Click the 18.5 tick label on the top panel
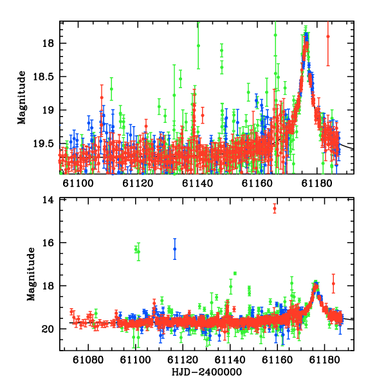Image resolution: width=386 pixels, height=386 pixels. click(x=43, y=77)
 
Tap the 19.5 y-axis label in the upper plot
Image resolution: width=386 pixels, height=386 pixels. click(x=43, y=143)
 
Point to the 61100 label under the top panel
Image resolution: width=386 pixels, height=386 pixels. click(x=78, y=183)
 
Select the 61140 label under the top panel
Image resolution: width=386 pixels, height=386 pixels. click(x=198, y=183)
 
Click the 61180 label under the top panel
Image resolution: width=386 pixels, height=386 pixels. click(x=317, y=183)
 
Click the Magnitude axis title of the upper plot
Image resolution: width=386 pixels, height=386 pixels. click(x=22, y=98)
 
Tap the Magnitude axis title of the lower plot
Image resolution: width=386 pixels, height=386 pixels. click(x=31, y=274)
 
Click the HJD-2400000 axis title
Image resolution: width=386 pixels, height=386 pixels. click(x=207, y=372)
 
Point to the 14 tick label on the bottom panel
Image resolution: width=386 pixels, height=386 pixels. click(x=48, y=200)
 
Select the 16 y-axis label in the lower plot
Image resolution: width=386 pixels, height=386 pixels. click(x=48, y=243)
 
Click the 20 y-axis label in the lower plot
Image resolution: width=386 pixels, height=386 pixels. click(x=48, y=329)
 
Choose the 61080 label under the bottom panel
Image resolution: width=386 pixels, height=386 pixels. click(x=88, y=360)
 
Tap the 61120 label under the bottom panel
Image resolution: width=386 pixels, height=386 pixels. click(x=183, y=360)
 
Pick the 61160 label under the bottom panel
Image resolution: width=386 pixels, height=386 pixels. click(x=277, y=360)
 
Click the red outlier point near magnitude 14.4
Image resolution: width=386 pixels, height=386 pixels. click(x=275, y=208)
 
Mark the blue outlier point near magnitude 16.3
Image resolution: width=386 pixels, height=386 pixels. click(x=174, y=249)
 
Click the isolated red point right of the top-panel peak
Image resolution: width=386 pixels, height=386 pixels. click(x=328, y=37)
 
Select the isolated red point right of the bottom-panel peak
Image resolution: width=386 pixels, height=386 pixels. click(x=333, y=283)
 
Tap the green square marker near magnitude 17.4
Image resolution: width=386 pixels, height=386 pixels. click(x=235, y=273)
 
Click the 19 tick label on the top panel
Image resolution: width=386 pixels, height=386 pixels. click(x=48, y=110)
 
